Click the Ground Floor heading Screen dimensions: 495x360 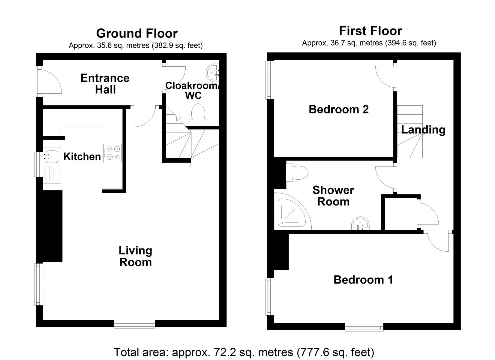pyautogui.click(x=137, y=34)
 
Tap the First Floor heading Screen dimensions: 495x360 pyautogui.click(x=370, y=31)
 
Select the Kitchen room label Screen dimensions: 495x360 pyautogui.click(x=82, y=156)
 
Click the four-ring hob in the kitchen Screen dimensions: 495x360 pyautogui.click(x=112, y=153)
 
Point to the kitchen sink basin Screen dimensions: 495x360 pyautogui.click(x=51, y=156)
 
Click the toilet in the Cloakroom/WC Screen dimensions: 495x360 pyautogui.click(x=198, y=115)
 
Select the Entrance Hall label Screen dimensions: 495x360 pyautogui.click(x=105, y=84)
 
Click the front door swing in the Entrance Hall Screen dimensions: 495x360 pyautogui.click(x=50, y=81)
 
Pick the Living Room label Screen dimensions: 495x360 pyautogui.click(x=135, y=256)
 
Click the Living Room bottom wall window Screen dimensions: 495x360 pyautogui.click(x=135, y=324)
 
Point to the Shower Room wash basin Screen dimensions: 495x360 pyautogui.click(x=360, y=223)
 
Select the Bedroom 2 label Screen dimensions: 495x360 pyautogui.click(x=339, y=109)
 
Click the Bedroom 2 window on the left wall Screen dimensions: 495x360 pyautogui.click(x=269, y=80)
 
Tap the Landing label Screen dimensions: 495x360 pyautogui.click(x=423, y=130)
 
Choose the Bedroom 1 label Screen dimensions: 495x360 pyautogui.click(x=363, y=280)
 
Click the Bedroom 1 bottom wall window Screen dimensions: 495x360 pyautogui.click(x=364, y=327)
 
